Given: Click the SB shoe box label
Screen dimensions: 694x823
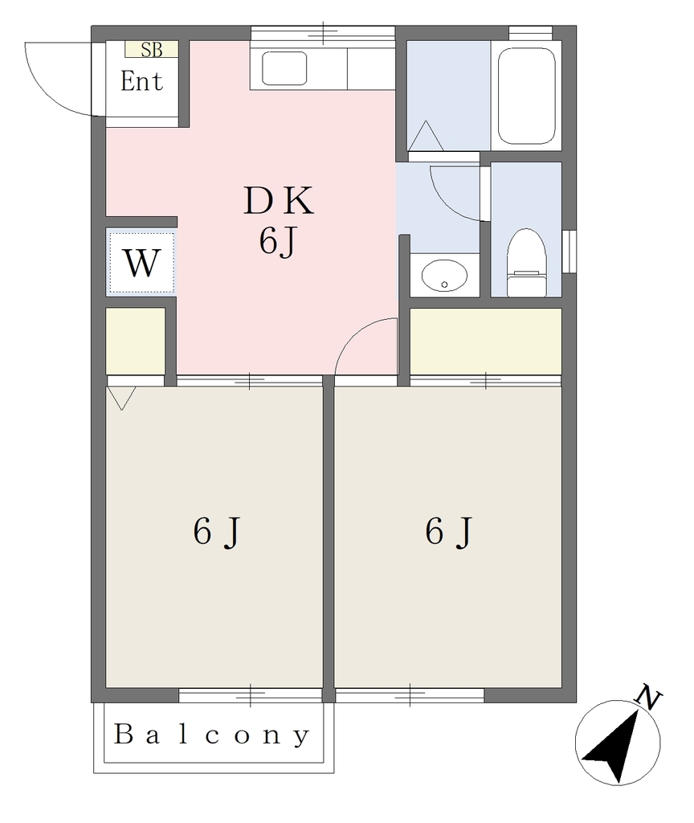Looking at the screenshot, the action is pos(152,50).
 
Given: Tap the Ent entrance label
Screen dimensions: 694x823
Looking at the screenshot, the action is pos(141,81).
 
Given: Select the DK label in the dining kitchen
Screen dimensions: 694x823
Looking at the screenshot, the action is pos(279,202).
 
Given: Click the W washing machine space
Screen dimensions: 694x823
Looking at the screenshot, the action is pos(141,264).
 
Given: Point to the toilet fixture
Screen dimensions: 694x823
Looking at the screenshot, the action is pos(527,263).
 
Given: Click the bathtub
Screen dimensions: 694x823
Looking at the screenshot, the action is pos(526,96).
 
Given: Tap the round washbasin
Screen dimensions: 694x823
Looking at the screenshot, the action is pos(444,276).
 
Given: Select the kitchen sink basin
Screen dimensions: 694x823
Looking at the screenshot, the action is pos(284,68).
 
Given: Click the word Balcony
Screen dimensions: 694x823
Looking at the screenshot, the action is pos(212,735).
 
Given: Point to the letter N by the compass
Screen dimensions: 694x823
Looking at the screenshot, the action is pos(648,698).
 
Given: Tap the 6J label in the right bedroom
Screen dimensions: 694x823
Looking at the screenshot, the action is pos(449,532).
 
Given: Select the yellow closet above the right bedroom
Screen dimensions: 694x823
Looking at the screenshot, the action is pos(486,341).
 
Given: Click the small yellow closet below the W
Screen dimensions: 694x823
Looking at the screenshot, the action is pos(136,341).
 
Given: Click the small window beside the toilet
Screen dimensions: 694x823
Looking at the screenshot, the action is pos(569,252).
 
